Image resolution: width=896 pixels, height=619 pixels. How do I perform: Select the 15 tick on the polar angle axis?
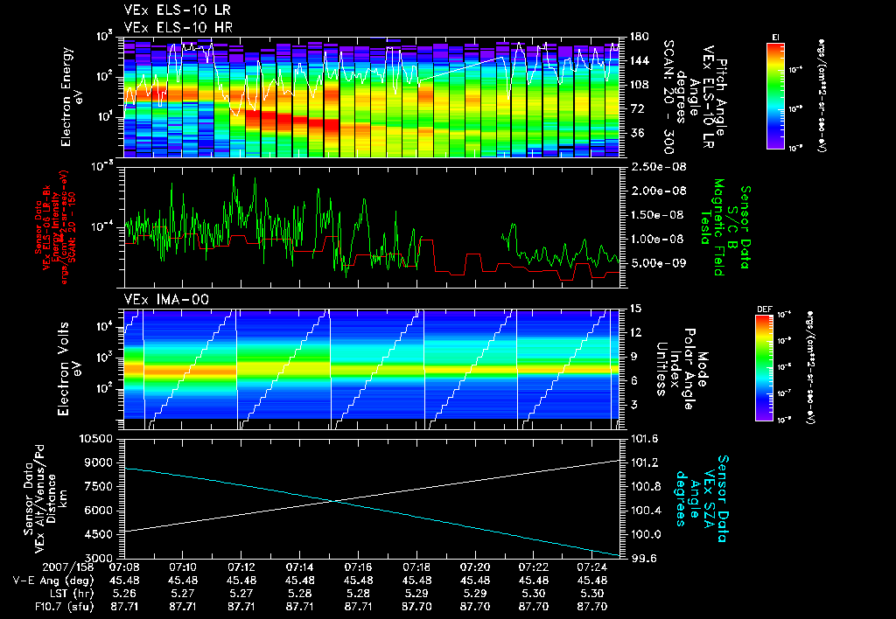pyautogui.click(x=635, y=308)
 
